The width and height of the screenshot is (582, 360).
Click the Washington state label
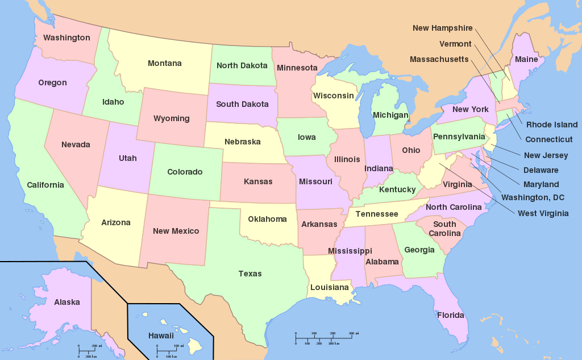point(66,38)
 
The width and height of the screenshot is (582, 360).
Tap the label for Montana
point(165,63)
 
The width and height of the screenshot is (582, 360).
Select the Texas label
point(250,274)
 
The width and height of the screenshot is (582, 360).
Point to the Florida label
point(450,315)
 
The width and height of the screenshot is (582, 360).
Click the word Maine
point(526,59)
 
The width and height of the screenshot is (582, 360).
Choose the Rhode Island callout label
point(552,125)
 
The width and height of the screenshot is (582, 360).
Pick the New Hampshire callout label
point(442,28)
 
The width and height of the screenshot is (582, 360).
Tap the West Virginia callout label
point(543,213)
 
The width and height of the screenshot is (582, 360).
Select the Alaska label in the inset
point(67,302)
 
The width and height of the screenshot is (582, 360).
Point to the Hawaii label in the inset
point(161,336)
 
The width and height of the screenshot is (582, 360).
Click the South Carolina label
point(444,229)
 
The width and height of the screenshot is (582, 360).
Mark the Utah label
point(128,158)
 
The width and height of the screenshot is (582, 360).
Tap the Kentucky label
point(397,189)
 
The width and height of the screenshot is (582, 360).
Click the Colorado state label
point(185,172)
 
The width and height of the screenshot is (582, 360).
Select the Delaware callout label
point(541,169)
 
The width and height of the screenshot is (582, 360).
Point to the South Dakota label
point(242,104)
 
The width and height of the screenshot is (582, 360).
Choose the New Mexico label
point(176,231)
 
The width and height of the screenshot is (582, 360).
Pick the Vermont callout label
point(455,44)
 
